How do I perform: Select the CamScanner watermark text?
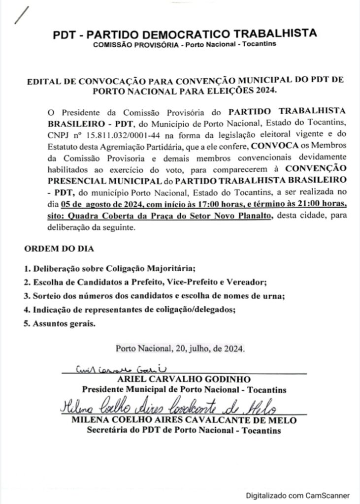click(298, 496)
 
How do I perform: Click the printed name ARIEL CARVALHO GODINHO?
click(184, 380)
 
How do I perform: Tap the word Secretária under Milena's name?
click(106, 430)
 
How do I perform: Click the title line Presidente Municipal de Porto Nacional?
click(184, 390)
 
